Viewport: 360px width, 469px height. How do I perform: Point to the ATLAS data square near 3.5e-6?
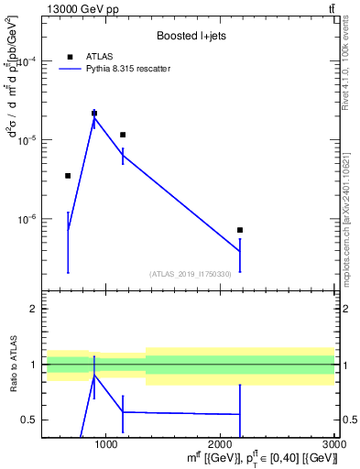coord(68,175)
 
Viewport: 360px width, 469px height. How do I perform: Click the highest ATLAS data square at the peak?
coord(94,113)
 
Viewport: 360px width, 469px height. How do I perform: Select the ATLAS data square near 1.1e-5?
coord(123,135)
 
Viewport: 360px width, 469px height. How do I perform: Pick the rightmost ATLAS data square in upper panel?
coord(240,230)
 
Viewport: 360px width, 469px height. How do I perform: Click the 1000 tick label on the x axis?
coord(107,444)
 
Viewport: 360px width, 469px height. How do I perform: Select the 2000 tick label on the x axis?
coord(221,444)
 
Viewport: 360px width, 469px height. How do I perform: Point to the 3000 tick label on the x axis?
coord(334,444)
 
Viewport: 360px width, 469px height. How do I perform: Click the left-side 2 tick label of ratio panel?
coord(34,310)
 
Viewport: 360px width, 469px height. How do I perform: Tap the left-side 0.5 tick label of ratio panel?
coord(30,420)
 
